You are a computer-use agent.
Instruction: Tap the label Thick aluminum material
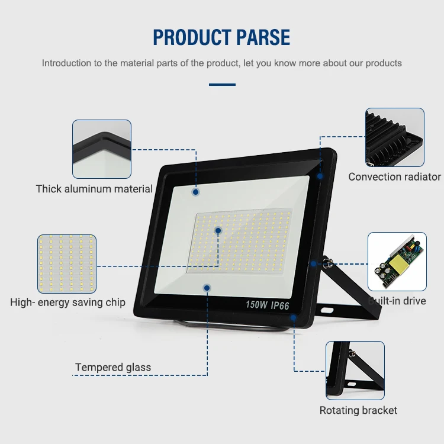pyautogui.click(x=94, y=189)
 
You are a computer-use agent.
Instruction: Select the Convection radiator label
pyautogui.click(x=394, y=176)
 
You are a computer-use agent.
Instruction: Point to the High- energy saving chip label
pyautogui.click(x=67, y=303)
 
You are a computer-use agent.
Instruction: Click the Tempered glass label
pyautogui.click(x=112, y=368)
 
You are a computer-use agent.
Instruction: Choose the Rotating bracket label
pyautogui.click(x=358, y=410)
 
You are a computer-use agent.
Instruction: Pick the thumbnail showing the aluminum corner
pyautogui.click(x=102, y=149)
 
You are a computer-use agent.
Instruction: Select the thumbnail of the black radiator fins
pyautogui.click(x=395, y=137)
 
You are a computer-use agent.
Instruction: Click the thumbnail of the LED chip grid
pyautogui.click(x=67, y=263)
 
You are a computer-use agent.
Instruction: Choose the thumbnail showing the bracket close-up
pyautogui.click(x=355, y=370)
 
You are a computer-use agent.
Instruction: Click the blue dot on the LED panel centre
pyautogui.click(x=218, y=230)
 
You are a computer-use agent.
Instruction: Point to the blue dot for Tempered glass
pyautogui.click(x=207, y=288)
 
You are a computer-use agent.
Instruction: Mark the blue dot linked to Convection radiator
pyautogui.click(x=320, y=176)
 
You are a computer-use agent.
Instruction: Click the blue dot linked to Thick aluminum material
pyautogui.click(x=195, y=192)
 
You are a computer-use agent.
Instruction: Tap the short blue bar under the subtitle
pyautogui.click(x=222, y=85)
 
